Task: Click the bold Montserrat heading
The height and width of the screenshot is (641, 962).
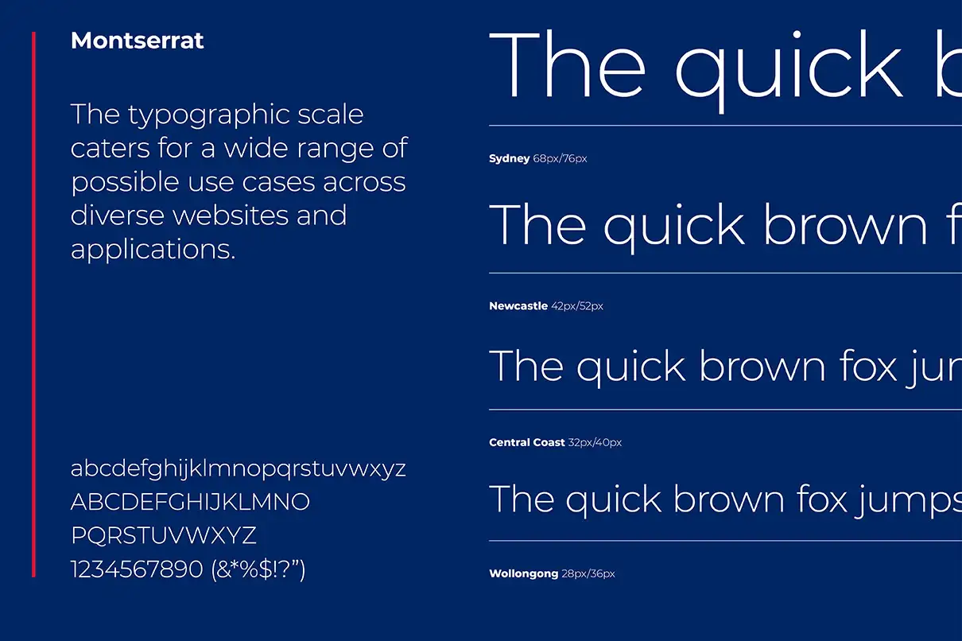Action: [x=137, y=41]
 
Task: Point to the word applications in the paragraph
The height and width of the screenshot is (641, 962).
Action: [x=153, y=249]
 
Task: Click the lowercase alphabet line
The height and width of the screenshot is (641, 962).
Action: [x=238, y=469]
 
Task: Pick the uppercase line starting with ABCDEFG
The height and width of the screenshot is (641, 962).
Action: [x=190, y=503]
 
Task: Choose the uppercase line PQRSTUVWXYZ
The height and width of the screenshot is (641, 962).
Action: [x=164, y=535]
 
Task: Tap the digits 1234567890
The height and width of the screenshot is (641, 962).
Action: [x=137, y=569]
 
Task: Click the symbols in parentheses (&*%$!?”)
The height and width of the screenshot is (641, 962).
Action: [x=258, y=569]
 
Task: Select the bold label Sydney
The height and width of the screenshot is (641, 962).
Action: [x=509, y=159]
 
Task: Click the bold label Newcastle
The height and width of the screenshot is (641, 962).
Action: [x=518, y=306]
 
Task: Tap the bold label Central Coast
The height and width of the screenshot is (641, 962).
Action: [x=527, y=442]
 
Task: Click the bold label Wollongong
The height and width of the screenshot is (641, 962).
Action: [x=523, y=573]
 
